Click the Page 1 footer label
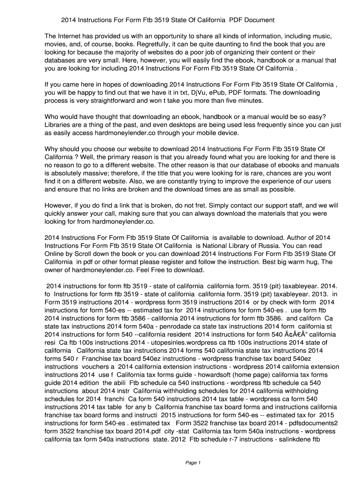193,463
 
